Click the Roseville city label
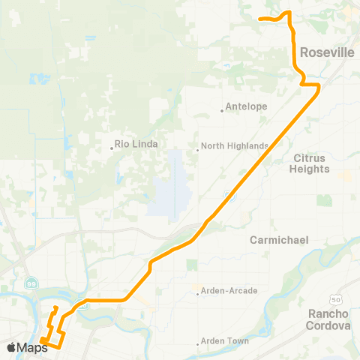[x=326, y=53]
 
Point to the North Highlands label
[x=234, y=145]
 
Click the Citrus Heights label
[x=310, y=163]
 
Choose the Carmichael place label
[x=280, y=240]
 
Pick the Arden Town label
[x=226, y=341]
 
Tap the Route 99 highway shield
[x=31, y=283]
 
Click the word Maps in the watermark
[x=33, y=347]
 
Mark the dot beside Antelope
[x=223, y=110]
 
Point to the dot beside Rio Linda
[x=112, y=148]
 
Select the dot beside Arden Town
[x=199, y=344]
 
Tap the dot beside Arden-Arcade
[x=197, y=294]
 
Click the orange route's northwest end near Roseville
[x=259, y=18]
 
